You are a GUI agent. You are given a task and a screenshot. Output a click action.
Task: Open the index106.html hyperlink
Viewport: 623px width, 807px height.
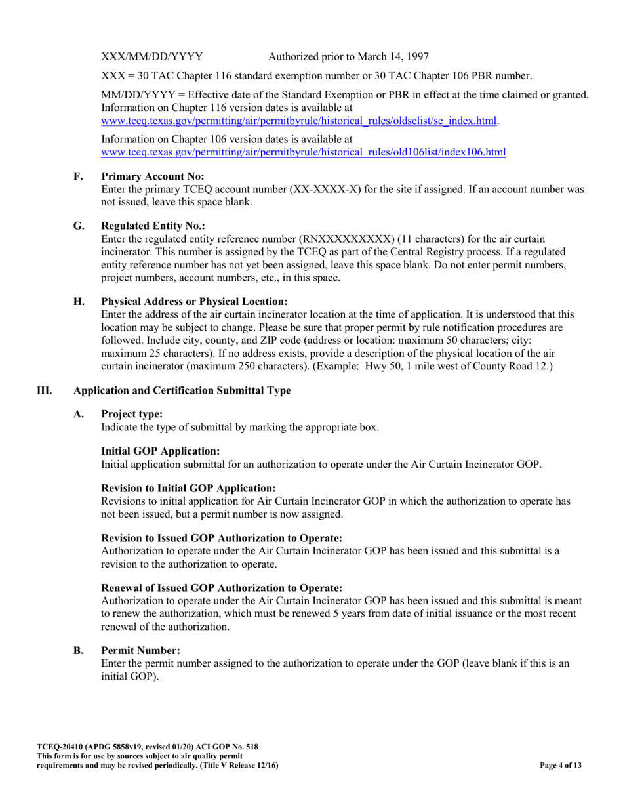(x=304, y=152)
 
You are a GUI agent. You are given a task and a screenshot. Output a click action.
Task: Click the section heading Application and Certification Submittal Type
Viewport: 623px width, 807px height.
(x=182, y=391)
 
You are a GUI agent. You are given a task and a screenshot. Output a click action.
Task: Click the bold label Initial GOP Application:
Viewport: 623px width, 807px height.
(x=161, y=451)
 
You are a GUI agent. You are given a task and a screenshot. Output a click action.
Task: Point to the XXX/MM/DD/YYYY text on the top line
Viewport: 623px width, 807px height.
(x=153, y=56)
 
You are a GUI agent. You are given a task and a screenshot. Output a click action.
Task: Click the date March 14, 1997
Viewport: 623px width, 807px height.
(x=392, y=56)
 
